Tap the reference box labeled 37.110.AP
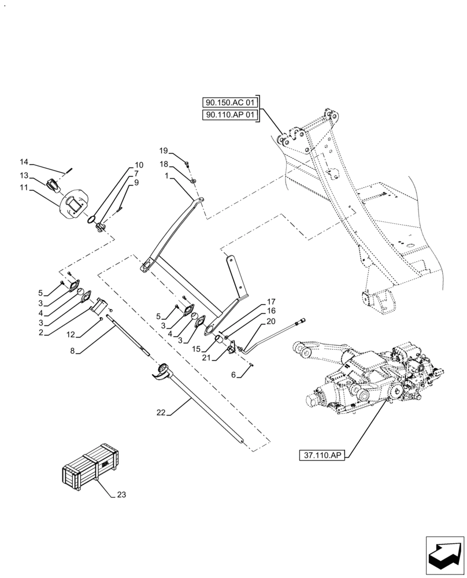(322, 455)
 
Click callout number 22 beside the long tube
(161, 412)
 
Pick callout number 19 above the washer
(164, 150)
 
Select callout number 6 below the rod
(233, 375)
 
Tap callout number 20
(270, 321)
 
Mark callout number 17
(270, 301)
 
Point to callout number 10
(139, 165)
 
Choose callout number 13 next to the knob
(24, 175)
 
